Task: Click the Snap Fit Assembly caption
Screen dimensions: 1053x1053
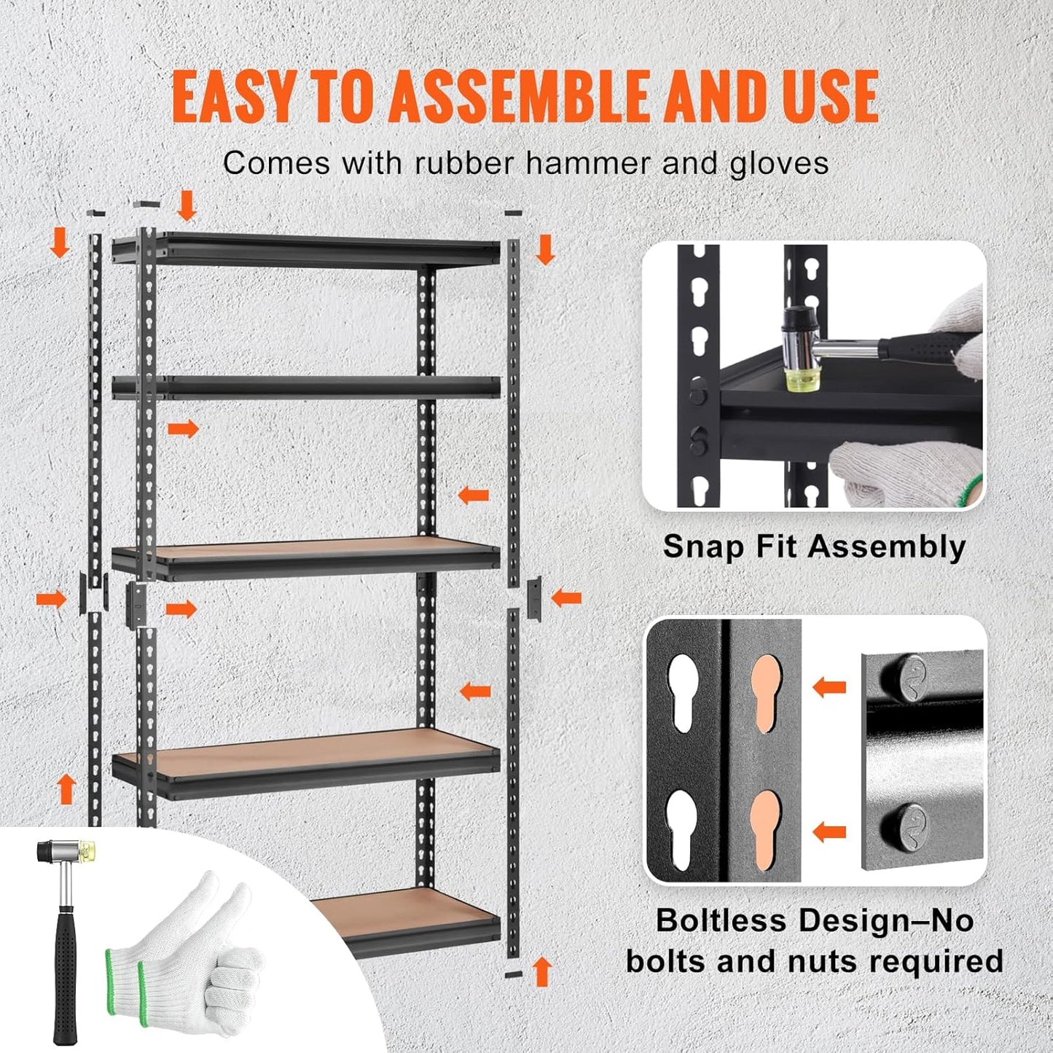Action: [814, 547]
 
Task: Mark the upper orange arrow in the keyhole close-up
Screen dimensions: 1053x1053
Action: [829, 686]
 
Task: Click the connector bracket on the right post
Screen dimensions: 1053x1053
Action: [534, 598]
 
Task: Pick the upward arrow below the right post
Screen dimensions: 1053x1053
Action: [541, 971]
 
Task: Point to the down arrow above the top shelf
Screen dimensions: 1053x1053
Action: [187, 205]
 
